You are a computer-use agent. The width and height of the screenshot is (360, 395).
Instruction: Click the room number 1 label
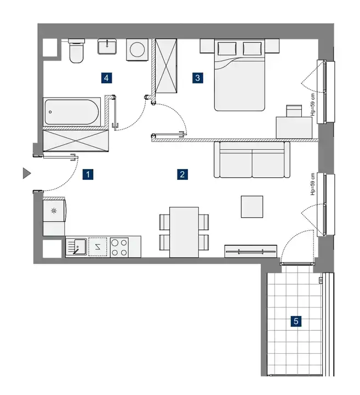pyautogui.click(x=88, y=174)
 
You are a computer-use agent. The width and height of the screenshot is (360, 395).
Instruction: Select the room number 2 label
pyautogui.click(x=182, y=174)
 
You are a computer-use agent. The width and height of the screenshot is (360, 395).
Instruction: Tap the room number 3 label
pyautogui.click(x=197, y=78)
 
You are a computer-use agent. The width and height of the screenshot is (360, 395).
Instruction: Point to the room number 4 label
pyautogui.click(x=106, y=78)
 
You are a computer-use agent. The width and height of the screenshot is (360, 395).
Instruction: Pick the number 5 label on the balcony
pyautogui.click(x=296, y=321)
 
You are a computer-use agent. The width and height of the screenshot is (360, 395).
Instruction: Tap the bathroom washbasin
pyautogui.click(x=107, y=47)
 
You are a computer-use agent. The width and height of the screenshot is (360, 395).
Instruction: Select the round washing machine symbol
pyautogui.click(x=138, y=49)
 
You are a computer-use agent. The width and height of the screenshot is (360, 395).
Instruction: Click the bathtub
pyautogui.click(x=72, y=112)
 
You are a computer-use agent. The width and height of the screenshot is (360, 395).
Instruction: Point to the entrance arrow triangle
pyautogui.click(x=26, y=173)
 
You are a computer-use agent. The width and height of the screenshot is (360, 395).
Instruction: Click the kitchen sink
pyautogui.click(x=76, y=247)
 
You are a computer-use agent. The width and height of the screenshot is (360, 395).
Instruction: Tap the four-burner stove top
pyautogui.click(x=119, y=247)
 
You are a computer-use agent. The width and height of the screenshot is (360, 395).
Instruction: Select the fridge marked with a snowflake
pyautogui.click(x=54, y=211)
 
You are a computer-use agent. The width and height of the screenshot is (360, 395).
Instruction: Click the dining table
pyautogui.click(x=184, y=232)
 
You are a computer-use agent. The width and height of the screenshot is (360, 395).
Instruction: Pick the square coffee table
pyautogui.click(x=252, y=207)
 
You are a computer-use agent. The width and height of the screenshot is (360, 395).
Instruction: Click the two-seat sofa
pyautogui.click(x=252, y=160)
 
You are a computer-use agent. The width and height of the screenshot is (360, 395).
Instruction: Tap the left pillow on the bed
pyautogui.click(x=227, y=48)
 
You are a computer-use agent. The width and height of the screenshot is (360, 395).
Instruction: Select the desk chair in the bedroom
pyautogui.click(x=294, y=111)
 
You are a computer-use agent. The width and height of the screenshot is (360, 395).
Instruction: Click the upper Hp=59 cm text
pyautogui.click(x=313, y=105)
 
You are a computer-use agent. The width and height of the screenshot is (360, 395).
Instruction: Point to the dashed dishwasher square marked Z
pyautogui.click(x=98, y=247)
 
